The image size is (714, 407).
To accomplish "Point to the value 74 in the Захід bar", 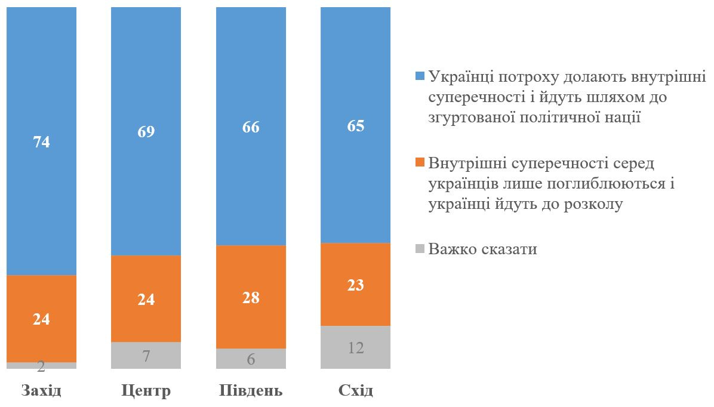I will tap(41, 142).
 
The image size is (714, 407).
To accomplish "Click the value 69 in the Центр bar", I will tap(146, 132).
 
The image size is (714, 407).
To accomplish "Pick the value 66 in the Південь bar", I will tap(251, 127).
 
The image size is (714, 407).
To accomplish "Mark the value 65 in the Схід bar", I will tap(355, 126).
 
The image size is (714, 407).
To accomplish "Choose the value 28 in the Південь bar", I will tap(251, 297).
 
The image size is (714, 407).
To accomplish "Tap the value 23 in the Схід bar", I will tap(355, 285).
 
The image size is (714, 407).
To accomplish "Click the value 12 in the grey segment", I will tap(355, 347).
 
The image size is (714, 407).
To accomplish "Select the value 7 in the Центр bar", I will tap(146, 356).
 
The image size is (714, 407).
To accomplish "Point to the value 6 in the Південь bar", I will tap(251, 359).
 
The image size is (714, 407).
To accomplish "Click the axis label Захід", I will tap(41, 391).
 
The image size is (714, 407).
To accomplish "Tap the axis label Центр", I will tap(146, 391).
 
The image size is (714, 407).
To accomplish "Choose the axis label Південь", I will tap(251, 391).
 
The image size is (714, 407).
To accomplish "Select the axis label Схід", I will tap(355, 391).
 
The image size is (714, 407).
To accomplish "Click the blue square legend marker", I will tap(419, 76).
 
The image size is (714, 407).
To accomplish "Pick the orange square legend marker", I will tap(419, 162).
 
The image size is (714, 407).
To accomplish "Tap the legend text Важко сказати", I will tap(483, 249).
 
